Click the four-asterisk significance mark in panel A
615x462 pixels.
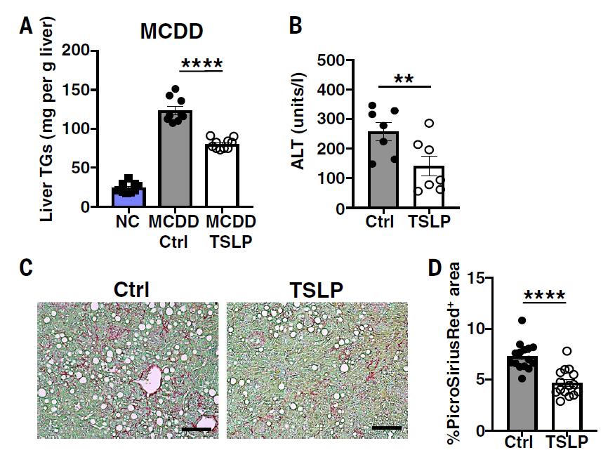[x=201, y=65]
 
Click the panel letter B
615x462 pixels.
[x=296, y=26]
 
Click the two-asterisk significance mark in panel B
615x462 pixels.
[x=403, y=79]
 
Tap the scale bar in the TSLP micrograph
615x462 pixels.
[x=386, y=427]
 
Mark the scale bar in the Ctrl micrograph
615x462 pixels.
[x=197, y=427]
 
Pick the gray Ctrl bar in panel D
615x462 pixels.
[x=520, y=393]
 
